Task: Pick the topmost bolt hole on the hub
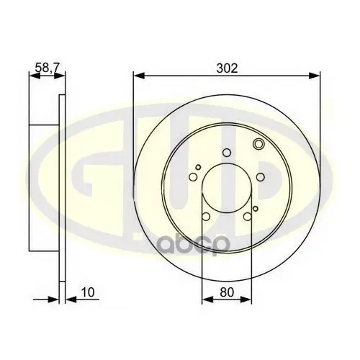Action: click(x=227, y=152)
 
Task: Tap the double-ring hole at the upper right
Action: click(x=258, y=148)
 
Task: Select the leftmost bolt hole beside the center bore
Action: click(x=193, y=179)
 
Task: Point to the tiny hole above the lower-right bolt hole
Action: click(x=251, y=206)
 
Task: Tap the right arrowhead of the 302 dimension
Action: click(x=315, y=74)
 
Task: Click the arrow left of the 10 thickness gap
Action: click(x=52, y=300)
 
